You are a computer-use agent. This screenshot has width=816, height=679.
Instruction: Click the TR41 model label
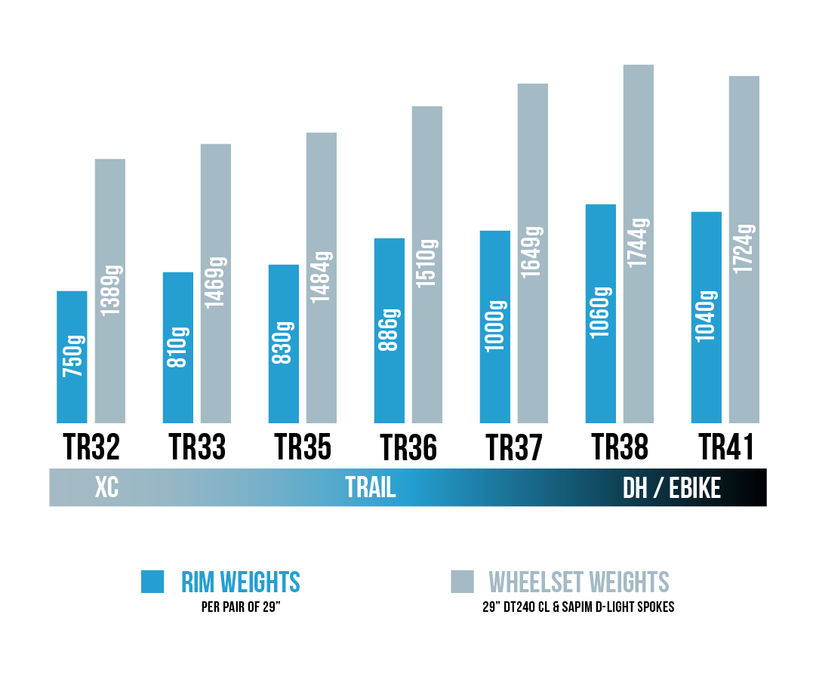(x=725, y=447)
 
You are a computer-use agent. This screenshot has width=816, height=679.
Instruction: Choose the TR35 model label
(x=302, y=447)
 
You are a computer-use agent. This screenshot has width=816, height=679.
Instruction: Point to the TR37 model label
(x=514, y=447)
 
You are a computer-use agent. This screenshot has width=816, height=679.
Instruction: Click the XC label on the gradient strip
(x=106, y=488)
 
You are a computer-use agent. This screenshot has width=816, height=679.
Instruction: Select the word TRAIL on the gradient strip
(x=371, y=488)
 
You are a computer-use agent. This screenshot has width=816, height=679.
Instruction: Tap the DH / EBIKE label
(x=672, y=488)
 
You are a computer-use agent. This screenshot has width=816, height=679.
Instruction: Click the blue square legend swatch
(x=152, y=582)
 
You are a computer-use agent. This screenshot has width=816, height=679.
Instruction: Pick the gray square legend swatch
(x=462, y=582)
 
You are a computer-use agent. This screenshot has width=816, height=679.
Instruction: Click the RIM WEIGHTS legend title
(x=241, y=582)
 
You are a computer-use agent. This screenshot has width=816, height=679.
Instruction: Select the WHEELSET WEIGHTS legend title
(x=579, y=582)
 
